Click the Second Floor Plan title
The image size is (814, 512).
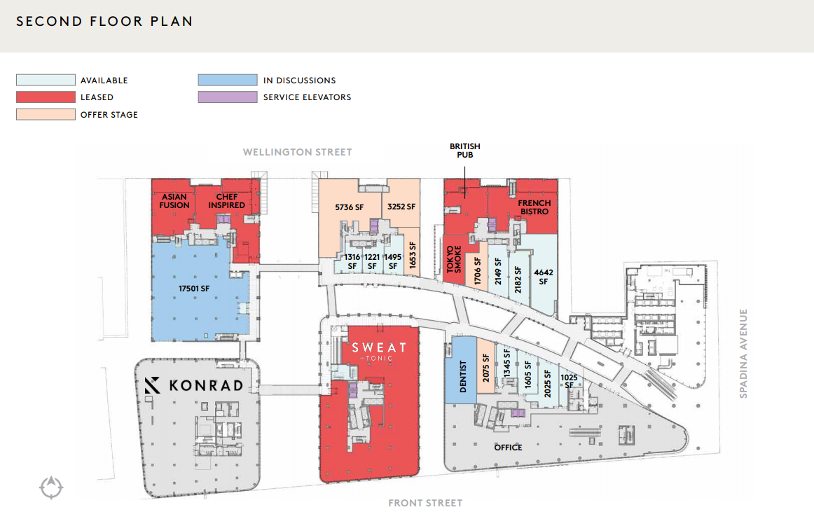pyautogui.click(x=104, y=21)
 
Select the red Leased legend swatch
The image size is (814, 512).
pyautogui.click(x=46, y=97)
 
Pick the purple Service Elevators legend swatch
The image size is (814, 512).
pyautogui.click(x=228, y=97)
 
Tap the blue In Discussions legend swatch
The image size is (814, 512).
pyautogui.click(x=228, y=80)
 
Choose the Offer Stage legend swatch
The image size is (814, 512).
pyautogui.click(x=46, y=114)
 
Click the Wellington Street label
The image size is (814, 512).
pyautogui.click(x=298, y=152)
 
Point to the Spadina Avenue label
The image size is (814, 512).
pyautogui.click(x=743, y=354)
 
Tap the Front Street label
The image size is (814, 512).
pyautogui.click(x=425, y=503)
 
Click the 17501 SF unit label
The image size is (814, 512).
pyautogui.click(x=194, y=288)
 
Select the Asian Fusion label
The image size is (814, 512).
pyautogui.click(x=174, y=201)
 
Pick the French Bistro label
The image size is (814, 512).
pyautogui.click(x=534, y=207)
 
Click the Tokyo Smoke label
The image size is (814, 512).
pyautogui.click(x=454, y=259)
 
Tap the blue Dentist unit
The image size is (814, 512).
pyautogui.click(x=460, y=370)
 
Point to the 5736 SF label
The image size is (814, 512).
pyautogui.click(x=350, y=207)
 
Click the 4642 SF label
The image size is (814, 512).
pyautogui.click(x=544, y=277)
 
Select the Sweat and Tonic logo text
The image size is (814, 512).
pyautogui.click(x=379, y=351)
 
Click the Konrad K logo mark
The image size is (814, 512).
pyautogui.click(x=152, y=385)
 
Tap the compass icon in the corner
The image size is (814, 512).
pyautogui.click(x=51, y=487)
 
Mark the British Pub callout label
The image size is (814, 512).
pyautogui.click(x=465, y=151)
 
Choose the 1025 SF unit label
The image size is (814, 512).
pyautogui.click(x=569, y=381)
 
